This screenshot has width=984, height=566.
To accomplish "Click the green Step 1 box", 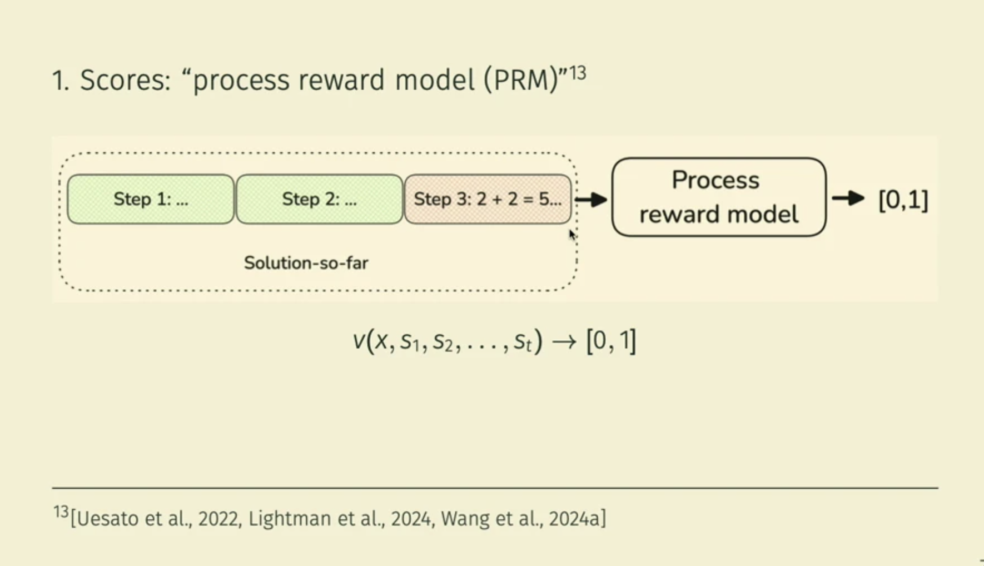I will pos(151,199).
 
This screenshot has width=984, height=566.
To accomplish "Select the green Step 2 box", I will pos(319,199).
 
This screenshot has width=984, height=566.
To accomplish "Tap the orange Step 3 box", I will pos(488,199).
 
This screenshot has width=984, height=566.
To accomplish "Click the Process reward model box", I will pos(718,197).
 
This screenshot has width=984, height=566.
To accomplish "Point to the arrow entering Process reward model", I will pos(592,199).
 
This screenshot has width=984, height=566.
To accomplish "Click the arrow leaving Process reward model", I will pos(848,198).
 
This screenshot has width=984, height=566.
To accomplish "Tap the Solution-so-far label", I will pos(306,263).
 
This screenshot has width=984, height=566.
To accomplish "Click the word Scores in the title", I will pos(125,80).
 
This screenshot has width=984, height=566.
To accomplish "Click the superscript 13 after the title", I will pos(578,73).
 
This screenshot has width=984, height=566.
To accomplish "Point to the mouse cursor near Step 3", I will pos(572,235).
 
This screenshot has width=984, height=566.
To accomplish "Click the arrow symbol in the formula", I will pos(564,341).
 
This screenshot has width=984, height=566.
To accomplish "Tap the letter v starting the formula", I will pos(359,340).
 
